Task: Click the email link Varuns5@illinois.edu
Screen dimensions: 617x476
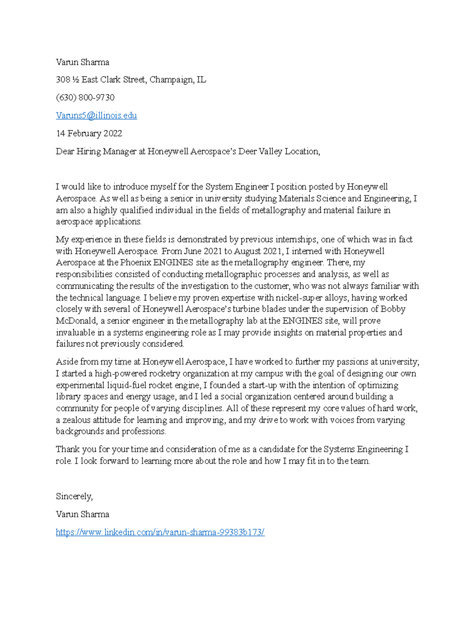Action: (x=96, y=116)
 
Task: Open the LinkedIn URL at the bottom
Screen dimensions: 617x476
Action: (x=160, y=532)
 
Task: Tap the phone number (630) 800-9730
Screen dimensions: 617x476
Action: (x=85, y=98)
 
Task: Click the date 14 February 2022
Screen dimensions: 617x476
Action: (x=89, y=133)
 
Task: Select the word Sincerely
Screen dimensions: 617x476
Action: (x=74, y=497)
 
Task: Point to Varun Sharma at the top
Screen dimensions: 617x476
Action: (x=82, y=62)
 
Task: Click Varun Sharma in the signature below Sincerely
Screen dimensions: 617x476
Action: (x=82, y=514)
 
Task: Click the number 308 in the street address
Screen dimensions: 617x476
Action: (x=63, y=80)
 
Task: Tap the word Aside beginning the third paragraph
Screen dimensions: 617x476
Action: (x=67, y=362)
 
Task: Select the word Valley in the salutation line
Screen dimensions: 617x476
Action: (x=271, y=151)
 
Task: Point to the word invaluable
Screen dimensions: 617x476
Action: (x=75, y=333)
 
